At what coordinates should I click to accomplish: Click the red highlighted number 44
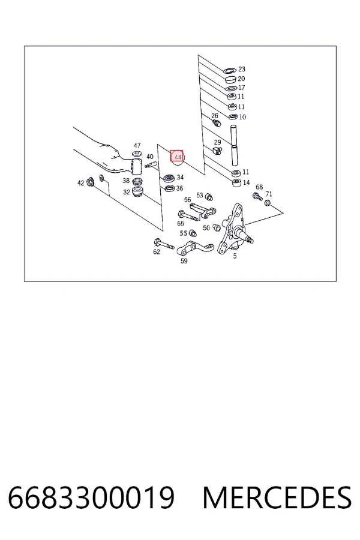point(177,157)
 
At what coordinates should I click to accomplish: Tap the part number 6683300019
point(91,497)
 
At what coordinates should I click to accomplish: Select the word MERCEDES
point(277,497)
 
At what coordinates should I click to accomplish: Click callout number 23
point(242,69)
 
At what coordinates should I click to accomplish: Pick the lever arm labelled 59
point(194,248)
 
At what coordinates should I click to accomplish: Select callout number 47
point(137,145)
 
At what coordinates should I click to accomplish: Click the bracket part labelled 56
point(203,211)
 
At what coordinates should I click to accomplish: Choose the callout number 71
point(269,194)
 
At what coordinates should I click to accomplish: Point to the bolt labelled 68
point(257,197)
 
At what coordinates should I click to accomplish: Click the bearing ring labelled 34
point(169,179)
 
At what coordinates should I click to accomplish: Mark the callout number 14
point(247,182)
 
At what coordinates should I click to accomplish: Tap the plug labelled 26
point(216,122)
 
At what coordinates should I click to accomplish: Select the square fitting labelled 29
point(217,150)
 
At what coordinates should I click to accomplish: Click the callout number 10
point(242,117)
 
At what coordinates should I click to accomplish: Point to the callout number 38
point(126,181)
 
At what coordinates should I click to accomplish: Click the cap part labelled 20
point(230,80)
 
